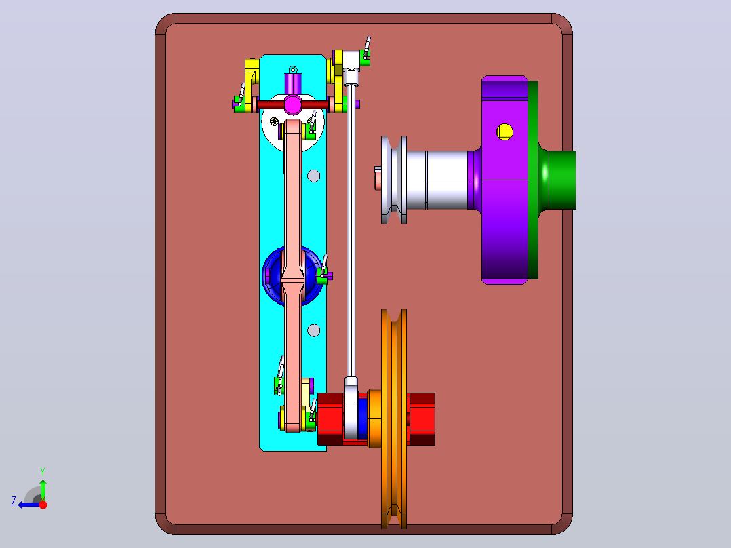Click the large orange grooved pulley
tap(394, 419)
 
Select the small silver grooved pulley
tap(394, 180)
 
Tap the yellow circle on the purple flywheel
tap(505, 132)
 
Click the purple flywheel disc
tap(505, 180)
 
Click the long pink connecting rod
tap(293, 275)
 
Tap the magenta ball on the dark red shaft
tap(293, 104)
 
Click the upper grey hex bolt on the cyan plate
tap(314, 176)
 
